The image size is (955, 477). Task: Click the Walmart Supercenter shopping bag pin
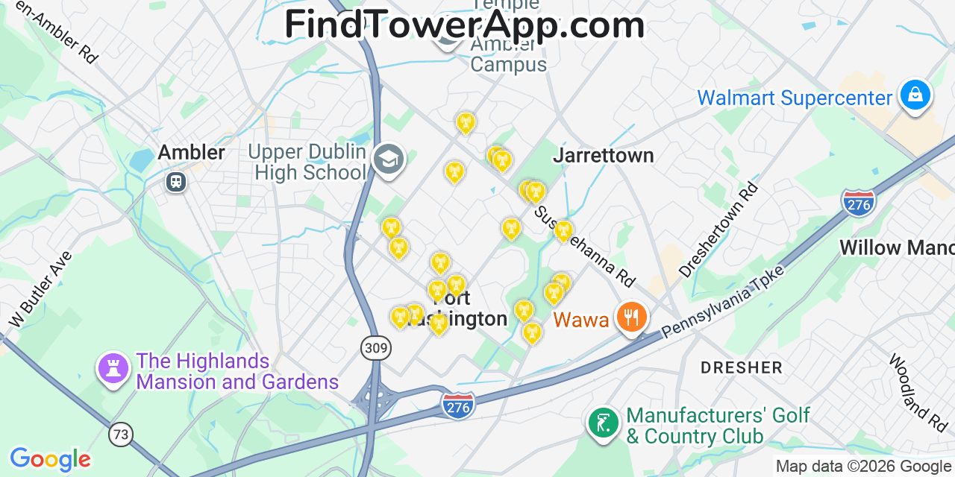(x=915, y=95)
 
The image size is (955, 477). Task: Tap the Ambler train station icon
(x=176, y=180)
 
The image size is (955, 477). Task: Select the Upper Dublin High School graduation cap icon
(x=388, y=159)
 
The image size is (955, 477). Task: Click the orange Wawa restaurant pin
(x=632, y=318)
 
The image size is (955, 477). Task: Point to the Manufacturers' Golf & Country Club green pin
(x=603, y=423)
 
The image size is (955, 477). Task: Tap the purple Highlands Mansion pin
(x=113, y=368)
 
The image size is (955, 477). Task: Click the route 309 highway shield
(x=375, y=347)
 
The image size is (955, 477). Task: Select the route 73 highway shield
(x=120, y=434)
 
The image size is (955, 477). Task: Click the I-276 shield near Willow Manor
(x=858, y=203)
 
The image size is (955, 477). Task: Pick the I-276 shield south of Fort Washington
(x=458, y=405)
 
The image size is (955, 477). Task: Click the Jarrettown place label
(x=604, y=155)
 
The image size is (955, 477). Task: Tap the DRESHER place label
(x=741, y=367)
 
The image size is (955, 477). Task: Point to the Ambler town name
(x=191, y=153)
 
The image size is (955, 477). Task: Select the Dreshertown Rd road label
(x=718, y=230)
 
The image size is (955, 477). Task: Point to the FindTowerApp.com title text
(x=464, y=25)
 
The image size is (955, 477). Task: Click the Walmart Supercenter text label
(x=795, y=98)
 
